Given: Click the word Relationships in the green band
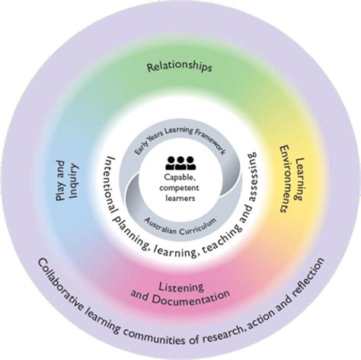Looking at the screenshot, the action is pos(179,67).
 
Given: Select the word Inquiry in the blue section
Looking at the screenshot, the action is pos(75,181).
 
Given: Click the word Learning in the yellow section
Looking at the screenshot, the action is pos(299,179).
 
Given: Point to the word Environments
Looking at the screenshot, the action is pos(285,180).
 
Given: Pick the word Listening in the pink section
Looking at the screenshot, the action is pos(181,287).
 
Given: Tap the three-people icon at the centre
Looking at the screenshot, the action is pos(180,163).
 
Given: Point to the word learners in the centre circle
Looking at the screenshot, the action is pos(180,198).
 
